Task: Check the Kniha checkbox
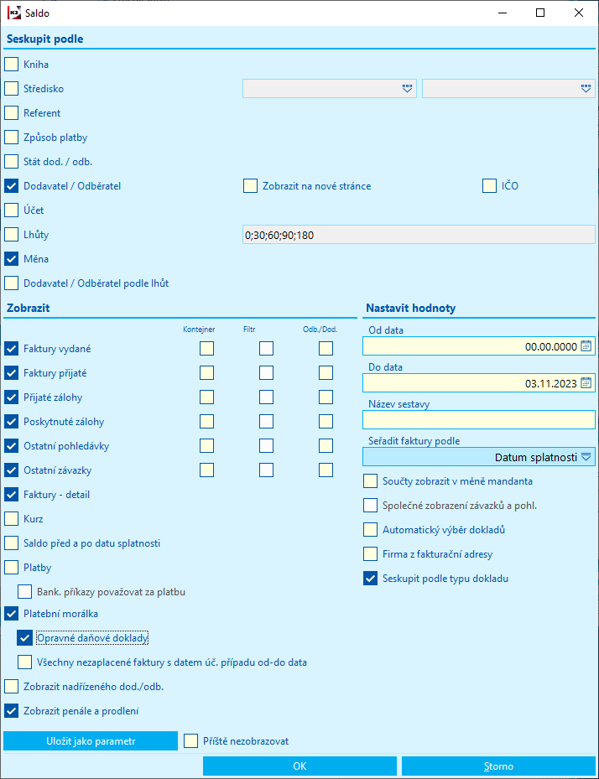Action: [x=11, y=64]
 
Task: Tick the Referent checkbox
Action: [x=11, y=112]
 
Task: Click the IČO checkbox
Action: [x=490, y=186]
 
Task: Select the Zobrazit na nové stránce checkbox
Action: [x=250, y=186]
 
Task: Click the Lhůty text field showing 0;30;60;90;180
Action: [x=418, y=235]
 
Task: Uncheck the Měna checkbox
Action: [x=11, y=259]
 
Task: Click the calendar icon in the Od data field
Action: [x=586, y=346]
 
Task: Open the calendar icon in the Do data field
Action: [x=586, y=383]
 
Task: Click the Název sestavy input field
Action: [x=478, y=420]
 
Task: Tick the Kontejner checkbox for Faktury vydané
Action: [x=206, y=349]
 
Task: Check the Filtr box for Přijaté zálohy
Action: [x=266, y=397]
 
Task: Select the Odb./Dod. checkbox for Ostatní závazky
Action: [x=326, y=470]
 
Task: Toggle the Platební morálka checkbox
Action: [x=11, y=613]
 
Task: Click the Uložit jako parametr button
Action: [x=91, y=741]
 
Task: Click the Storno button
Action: [x=497, y=766]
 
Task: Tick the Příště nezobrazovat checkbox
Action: [x=191, y=741]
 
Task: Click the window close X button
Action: [x=579, y=13]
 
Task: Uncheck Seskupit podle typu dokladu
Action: [x=370, y=579]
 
